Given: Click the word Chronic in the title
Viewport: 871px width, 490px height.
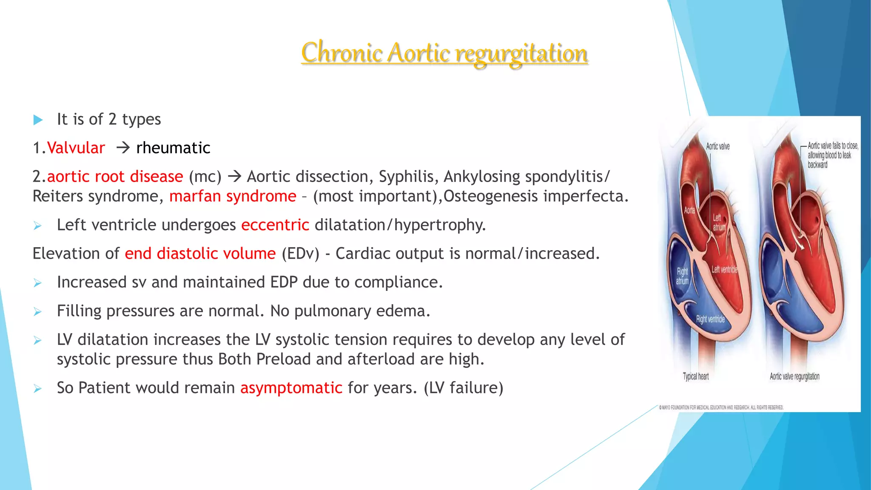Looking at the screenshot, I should [342, 53].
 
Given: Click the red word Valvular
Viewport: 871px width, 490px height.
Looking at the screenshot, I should [76, 148].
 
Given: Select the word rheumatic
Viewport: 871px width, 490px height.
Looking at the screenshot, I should [173, 148].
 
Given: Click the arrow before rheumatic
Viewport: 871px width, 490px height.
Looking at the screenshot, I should [122, 148].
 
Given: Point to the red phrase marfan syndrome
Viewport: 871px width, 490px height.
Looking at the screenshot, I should [233, 196].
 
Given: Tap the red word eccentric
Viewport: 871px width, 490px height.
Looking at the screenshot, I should [275, 225].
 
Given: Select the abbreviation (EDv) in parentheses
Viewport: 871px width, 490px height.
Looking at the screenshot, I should [300, 254].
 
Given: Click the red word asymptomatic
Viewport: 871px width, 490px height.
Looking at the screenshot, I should [291, 388].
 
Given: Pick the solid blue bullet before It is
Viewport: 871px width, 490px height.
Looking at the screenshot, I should [38, 120].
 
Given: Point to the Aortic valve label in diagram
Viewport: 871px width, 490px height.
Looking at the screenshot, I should [717, 146].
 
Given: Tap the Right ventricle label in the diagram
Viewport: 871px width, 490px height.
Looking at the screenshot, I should [710, 319].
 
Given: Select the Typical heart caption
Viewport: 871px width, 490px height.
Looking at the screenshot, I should [696, 376].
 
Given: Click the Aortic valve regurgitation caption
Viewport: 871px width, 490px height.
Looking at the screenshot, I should [794, 376].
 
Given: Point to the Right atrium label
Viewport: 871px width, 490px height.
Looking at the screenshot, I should [682, 276].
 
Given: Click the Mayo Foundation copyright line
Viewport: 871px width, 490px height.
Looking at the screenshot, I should [721, 407].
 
